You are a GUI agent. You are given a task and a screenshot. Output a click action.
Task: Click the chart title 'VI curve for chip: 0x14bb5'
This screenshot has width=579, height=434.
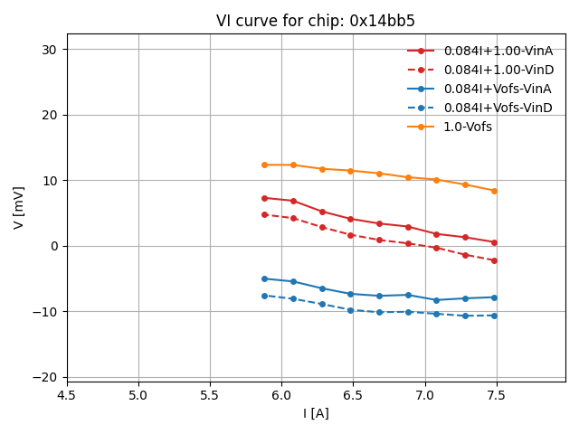[316, 21]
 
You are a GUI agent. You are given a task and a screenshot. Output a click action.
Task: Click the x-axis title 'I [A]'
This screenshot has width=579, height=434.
[316, 413]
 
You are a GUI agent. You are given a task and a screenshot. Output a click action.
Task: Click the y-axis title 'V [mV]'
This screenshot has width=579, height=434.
[19, 207]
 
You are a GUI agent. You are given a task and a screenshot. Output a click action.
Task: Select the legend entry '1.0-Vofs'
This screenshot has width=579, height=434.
[468, 127]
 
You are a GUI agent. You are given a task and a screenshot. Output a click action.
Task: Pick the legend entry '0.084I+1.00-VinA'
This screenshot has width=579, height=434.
[498, 51]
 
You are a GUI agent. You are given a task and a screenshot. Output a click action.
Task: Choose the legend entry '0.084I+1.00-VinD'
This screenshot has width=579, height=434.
[498, 70]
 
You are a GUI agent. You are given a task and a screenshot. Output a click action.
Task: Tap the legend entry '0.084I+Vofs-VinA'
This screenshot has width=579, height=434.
[497, 89]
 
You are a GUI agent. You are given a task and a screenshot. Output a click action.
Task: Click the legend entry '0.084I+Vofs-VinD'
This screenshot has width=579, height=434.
[498, 108]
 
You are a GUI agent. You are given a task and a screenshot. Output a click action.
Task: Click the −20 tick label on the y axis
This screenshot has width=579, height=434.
[47, 377]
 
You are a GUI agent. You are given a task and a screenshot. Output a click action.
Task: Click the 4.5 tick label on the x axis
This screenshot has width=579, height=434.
[67, 395]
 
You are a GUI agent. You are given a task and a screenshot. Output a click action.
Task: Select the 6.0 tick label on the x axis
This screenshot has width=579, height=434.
[281, 395]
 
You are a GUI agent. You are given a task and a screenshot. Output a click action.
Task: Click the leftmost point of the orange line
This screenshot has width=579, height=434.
[264, 165]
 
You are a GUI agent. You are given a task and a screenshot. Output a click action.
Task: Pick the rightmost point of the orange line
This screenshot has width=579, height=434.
[494, 191]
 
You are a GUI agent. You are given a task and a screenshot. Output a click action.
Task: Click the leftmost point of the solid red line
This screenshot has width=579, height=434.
[264, 198]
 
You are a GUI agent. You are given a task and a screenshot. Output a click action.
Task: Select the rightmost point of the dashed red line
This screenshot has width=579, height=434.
[494, 260]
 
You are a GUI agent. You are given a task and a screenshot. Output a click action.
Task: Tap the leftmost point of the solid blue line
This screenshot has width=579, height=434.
[264, 278]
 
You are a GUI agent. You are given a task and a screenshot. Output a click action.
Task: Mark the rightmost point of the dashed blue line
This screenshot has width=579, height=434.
[494, 316]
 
